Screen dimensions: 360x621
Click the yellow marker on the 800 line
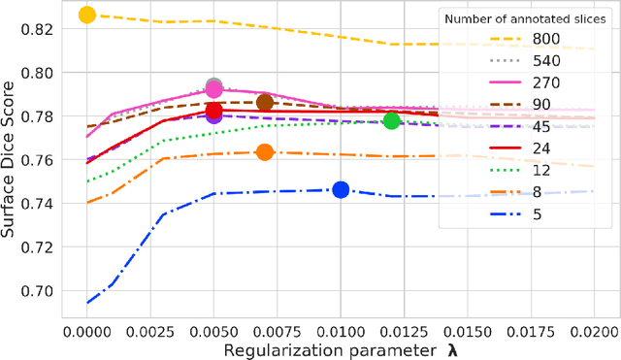tap(87, 15)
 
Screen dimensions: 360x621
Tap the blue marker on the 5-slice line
tap(341, 190)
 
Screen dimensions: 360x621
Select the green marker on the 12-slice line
tap(391, 120)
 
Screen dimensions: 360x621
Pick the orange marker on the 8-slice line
tap(265, 152)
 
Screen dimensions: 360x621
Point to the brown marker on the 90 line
tap(265, 102)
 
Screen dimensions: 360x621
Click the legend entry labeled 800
tap(545, 38)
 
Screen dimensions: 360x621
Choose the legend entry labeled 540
tap(545, 60)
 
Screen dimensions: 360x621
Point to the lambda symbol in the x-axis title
tap(451, 348)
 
